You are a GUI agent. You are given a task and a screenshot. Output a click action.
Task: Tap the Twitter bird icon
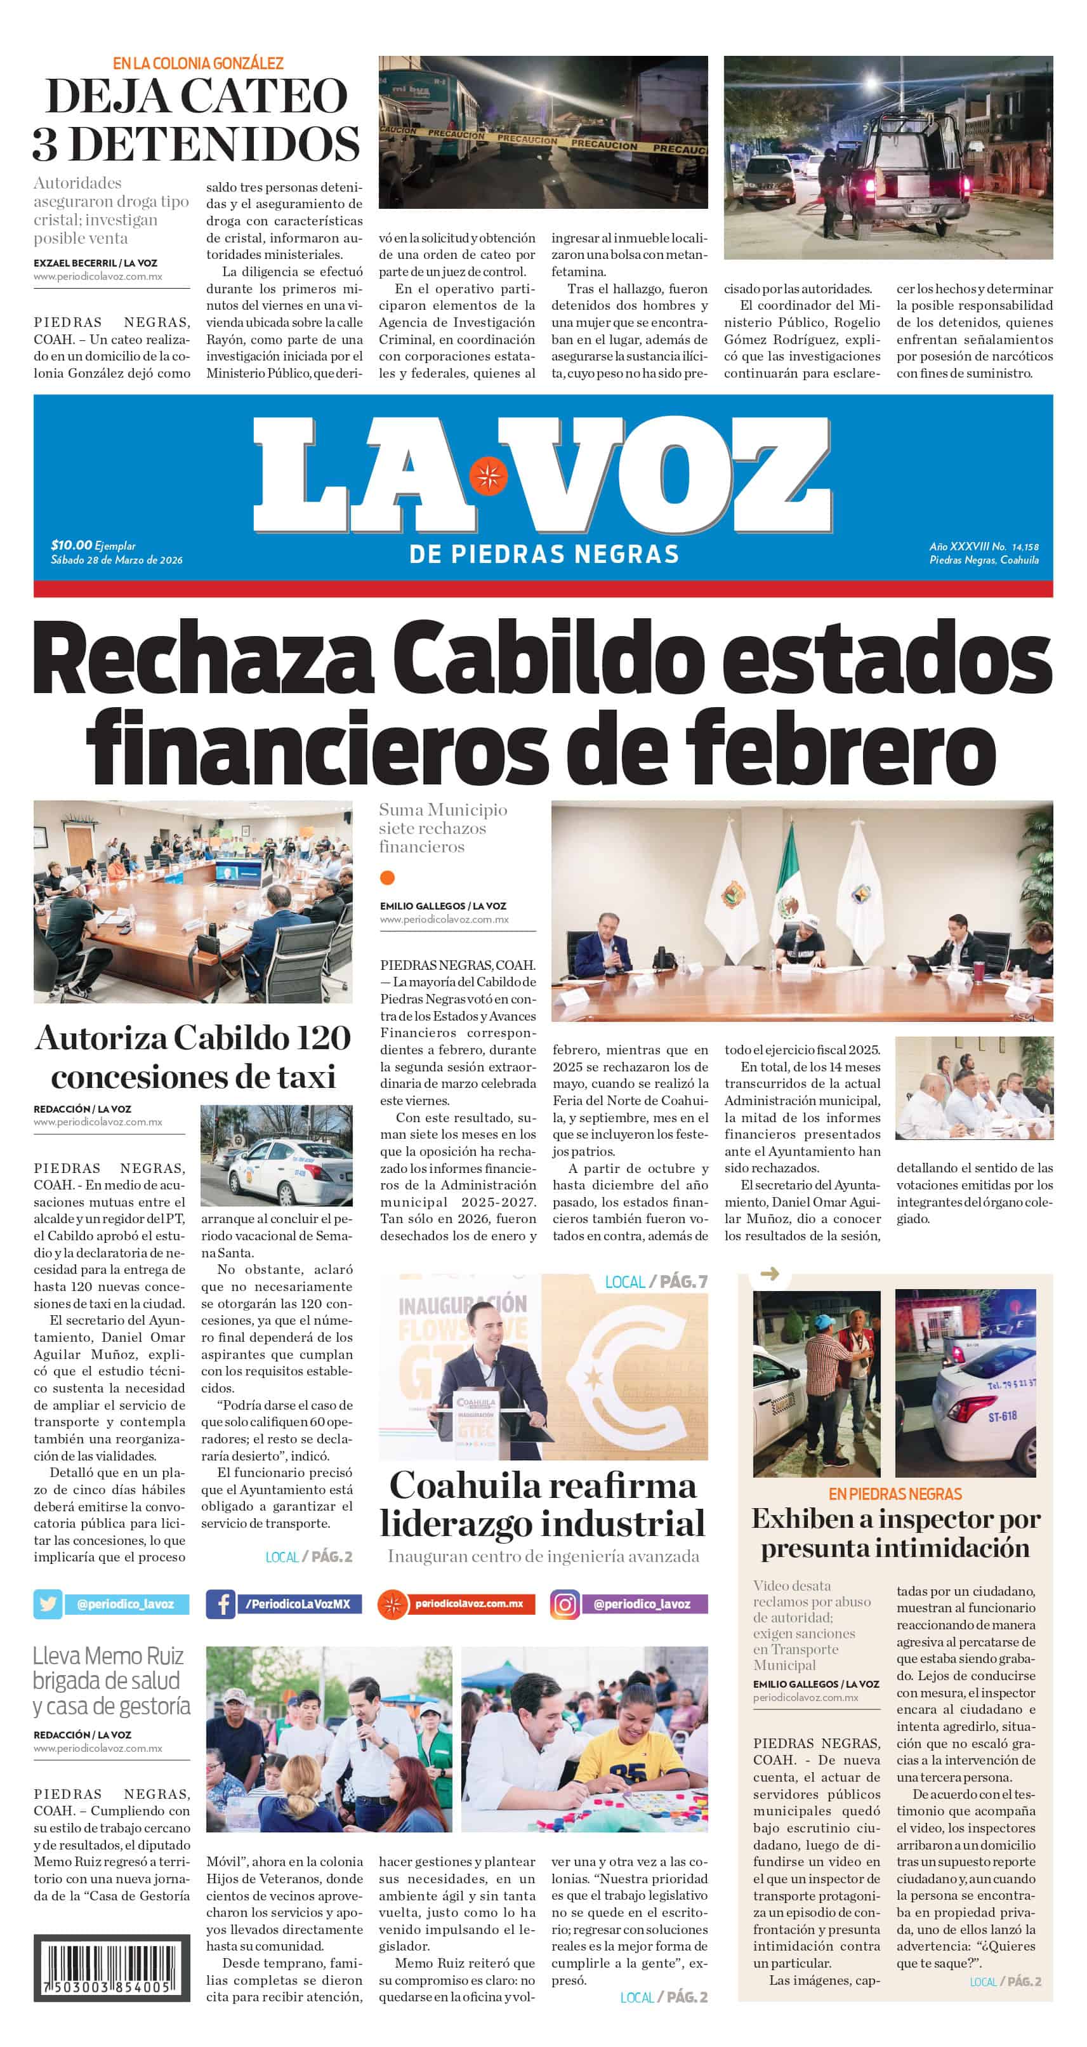coord(48,1603)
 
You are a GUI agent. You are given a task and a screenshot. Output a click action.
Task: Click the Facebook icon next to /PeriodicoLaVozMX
coord(220,1603)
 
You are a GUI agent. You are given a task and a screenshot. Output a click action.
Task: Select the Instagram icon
coord(564,1603)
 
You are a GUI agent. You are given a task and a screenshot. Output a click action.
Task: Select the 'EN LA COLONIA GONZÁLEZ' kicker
coord(198,63)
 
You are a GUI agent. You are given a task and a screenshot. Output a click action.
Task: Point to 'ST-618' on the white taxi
coord(1002,1416)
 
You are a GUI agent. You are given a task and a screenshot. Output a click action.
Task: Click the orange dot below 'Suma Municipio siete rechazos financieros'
coord(387,877)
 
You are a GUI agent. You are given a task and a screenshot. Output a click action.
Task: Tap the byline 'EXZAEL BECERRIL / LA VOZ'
coord(95,263)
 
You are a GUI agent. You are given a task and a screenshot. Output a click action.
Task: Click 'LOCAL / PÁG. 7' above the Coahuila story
coord(655,1281)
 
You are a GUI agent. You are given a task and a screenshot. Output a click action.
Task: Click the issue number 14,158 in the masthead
coord(1025,547)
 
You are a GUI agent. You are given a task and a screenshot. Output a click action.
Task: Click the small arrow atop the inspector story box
coord(769,1274)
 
